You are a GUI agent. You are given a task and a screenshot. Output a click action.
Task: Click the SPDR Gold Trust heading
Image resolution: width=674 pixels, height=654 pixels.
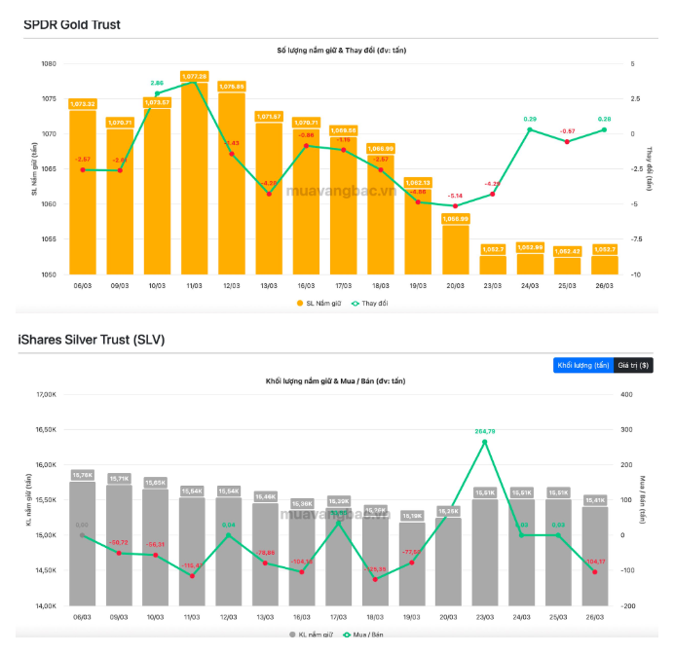pyautogui.click(x=72, y=24)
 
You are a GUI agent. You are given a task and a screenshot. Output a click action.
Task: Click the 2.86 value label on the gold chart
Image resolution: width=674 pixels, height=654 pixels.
pyautogui.click(x=157, y=85)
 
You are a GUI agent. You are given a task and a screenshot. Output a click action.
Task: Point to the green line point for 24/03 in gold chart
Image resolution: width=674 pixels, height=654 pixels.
pyautogui.click(x=530, y=129)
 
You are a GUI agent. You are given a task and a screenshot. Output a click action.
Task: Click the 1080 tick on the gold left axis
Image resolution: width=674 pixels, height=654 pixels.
pyautogui.click(x=49, y=64)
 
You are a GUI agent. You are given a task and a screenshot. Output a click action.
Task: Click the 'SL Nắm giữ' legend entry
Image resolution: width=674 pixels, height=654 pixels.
pyautogui.click(x=321, y=304)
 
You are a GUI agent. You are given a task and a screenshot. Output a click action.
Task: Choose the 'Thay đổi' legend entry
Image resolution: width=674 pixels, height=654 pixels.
pyautogui.click(x=369, y=304)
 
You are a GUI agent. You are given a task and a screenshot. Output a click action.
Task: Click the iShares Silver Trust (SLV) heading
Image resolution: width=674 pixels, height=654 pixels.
pyautogui.click(x=91, y=340)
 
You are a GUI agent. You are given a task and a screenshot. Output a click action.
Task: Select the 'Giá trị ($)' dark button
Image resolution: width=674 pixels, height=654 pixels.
pyautogui.click(x=633, y=365)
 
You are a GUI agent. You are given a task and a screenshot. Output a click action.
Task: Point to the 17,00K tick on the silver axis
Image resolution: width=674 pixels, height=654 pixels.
pyautogui.click(x=47, y=394)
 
